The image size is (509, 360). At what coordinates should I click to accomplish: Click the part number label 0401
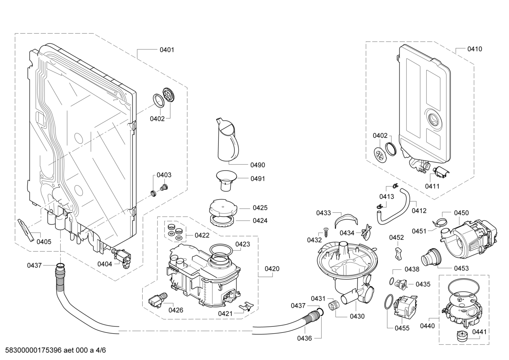pos(167,50)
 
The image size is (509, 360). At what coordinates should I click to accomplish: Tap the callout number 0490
pos(257,165)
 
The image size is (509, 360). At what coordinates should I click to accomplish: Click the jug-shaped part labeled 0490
pos(227,140)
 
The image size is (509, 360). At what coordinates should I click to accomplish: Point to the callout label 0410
pos(474,49)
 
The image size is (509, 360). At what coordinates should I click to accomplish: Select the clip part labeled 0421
pos(246,305)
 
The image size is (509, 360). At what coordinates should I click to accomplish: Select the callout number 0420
pos(272,269)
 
